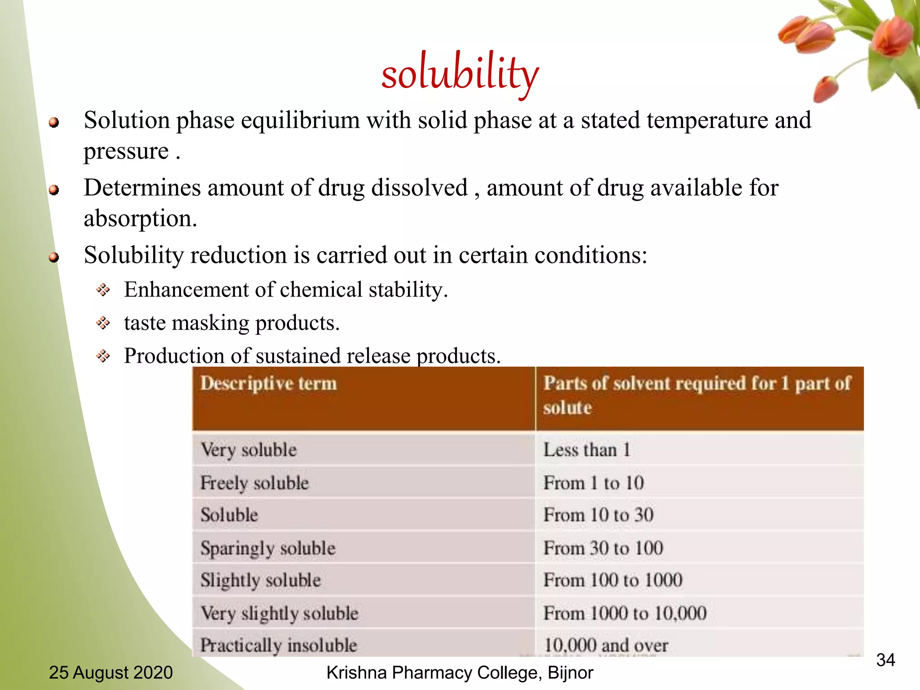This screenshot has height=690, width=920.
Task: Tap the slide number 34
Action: point(885,660)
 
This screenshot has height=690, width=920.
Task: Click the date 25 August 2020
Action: point(111,672)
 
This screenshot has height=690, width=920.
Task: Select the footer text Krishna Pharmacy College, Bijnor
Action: point(460,672)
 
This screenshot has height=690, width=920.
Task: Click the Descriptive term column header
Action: point(268,384)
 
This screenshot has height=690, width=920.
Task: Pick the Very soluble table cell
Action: point(248,450)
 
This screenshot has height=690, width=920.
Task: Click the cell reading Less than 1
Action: point(587,450)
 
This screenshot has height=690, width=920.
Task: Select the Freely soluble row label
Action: point(254,483)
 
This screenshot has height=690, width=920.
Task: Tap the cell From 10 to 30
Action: point(598,515)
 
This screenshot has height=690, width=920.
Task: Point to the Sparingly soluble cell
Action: point(268,548)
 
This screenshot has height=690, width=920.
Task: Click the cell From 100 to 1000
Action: point(613,580)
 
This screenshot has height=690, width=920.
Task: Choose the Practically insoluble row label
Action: point(279,645)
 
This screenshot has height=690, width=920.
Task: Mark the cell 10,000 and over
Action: point(606,645)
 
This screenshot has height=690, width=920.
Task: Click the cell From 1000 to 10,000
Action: point(625,613)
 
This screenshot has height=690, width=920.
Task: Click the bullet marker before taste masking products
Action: point(103,323)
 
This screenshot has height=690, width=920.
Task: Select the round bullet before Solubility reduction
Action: point(54,257)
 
